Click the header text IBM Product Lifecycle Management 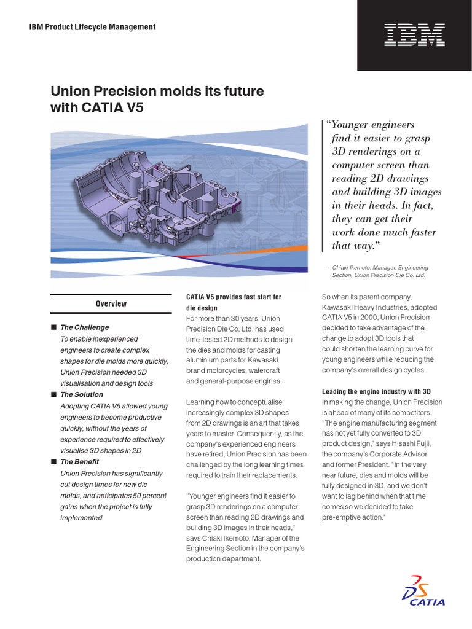92,27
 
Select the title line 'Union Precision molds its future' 157,92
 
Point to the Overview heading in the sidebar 111,303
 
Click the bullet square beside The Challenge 53,327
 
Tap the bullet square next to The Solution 53,394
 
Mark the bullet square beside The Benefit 53,461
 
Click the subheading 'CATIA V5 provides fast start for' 234,297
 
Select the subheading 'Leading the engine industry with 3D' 376,391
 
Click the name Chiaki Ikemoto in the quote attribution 353,268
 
